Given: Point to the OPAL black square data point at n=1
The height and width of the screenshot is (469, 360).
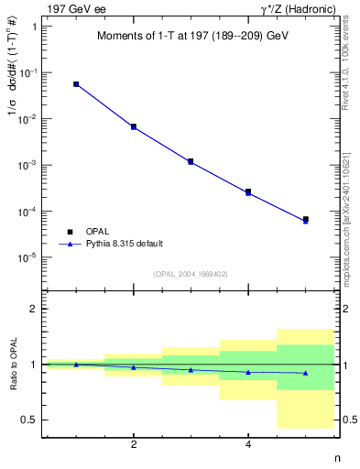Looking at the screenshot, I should click(x=76, y=84).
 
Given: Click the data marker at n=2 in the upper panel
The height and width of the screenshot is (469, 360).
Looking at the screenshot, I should click(x=134, y=126).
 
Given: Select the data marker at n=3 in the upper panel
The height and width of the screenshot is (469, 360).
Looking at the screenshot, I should click(x=191, y=161).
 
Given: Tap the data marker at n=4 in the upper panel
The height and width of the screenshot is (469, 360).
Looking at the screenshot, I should click(x=248, y=191).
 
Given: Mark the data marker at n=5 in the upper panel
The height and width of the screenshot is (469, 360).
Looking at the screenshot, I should click(x=305, y=220).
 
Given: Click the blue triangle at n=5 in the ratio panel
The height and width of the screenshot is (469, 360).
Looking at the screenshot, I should click(x=305, y=373).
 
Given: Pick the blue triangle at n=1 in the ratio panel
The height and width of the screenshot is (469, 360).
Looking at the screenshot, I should click(x=76, y=364).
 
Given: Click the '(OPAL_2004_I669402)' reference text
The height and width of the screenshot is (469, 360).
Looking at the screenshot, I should click(x=191, y=273).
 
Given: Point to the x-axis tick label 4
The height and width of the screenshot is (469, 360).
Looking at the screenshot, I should click(x=248, y=445).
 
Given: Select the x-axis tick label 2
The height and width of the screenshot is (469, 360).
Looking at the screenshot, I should click(x=134, y=445).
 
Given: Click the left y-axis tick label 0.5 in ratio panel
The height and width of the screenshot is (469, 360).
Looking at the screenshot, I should click(x=28, y=420).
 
